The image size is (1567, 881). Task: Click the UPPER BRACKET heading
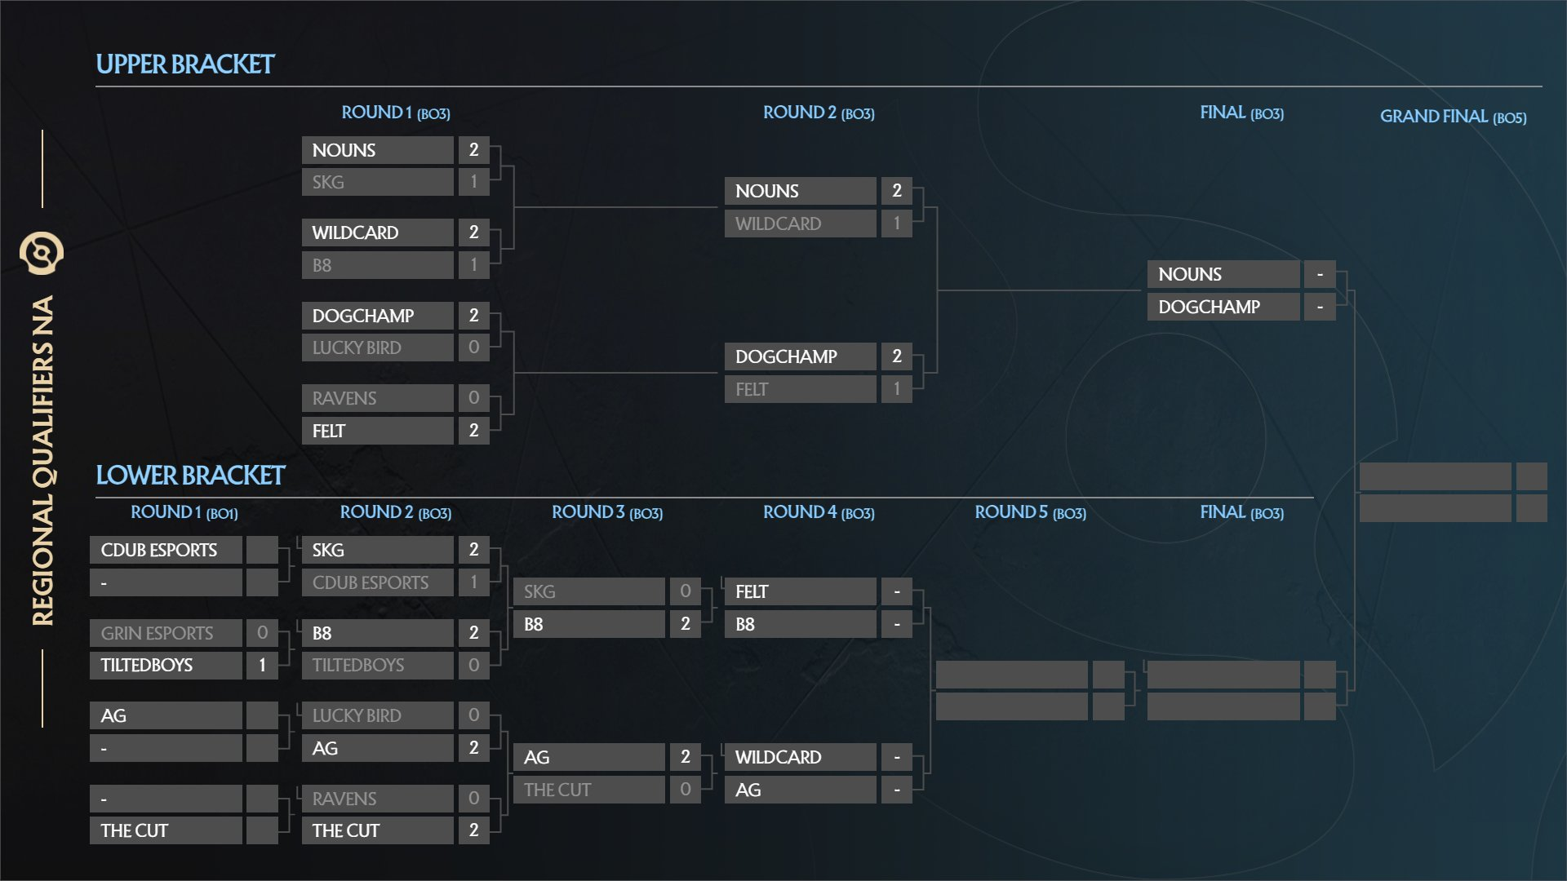[x=185, y=64]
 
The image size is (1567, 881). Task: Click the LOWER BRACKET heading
[x=190, y=476]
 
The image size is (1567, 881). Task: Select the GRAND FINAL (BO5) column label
[x=1453, y=117]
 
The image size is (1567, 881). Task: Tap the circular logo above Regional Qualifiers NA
[x=42, y=253]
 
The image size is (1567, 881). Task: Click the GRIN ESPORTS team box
[x=166, y=633]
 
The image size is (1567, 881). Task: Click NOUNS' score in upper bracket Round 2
[x=896, y=191]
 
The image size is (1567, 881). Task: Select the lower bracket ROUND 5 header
[x=1030, y=512]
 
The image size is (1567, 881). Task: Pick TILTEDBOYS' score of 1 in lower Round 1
[x=262, y=665]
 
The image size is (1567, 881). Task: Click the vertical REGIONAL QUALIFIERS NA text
[x=42, y=461]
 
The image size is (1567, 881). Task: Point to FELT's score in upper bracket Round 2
[x=896, y=389]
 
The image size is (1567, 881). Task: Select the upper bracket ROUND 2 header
[x=819, y=113]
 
